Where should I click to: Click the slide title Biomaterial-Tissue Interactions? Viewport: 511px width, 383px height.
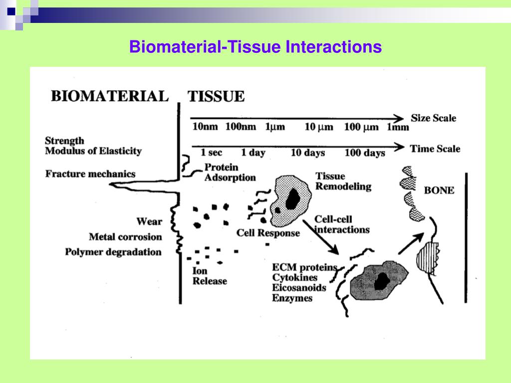coord(255,46)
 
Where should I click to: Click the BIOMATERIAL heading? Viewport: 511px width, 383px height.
coord(110,96)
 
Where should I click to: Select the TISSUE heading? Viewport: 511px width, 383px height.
coord(216,96)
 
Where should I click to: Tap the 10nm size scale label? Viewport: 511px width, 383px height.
coord(205,126)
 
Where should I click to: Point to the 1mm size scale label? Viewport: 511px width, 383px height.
coord(398,127)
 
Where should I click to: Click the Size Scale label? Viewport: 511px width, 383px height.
coord(434,118)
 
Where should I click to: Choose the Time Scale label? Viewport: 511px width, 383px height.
coord(435,149)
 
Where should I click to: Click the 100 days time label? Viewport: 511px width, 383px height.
coord(365,153)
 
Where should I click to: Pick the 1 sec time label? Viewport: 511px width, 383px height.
coord(211,152)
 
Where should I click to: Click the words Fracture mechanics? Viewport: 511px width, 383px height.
coord(90,174)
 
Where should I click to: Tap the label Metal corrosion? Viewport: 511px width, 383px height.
coord(125,236)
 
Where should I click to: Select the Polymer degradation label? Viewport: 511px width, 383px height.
coord(113,252)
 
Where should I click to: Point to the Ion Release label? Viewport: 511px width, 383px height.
coord(210,276)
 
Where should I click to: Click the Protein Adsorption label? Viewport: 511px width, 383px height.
coord(230,172)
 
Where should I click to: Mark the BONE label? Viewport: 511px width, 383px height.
coord(439,190)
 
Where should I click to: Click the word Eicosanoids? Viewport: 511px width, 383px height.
coord(299,288)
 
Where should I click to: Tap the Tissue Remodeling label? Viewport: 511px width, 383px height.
coord(343,181)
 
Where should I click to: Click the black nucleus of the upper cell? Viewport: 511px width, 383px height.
coord(292,198)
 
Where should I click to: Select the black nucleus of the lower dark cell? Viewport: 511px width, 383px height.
coord(382,281)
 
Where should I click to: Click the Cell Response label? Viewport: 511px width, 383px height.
coord(268,233)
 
